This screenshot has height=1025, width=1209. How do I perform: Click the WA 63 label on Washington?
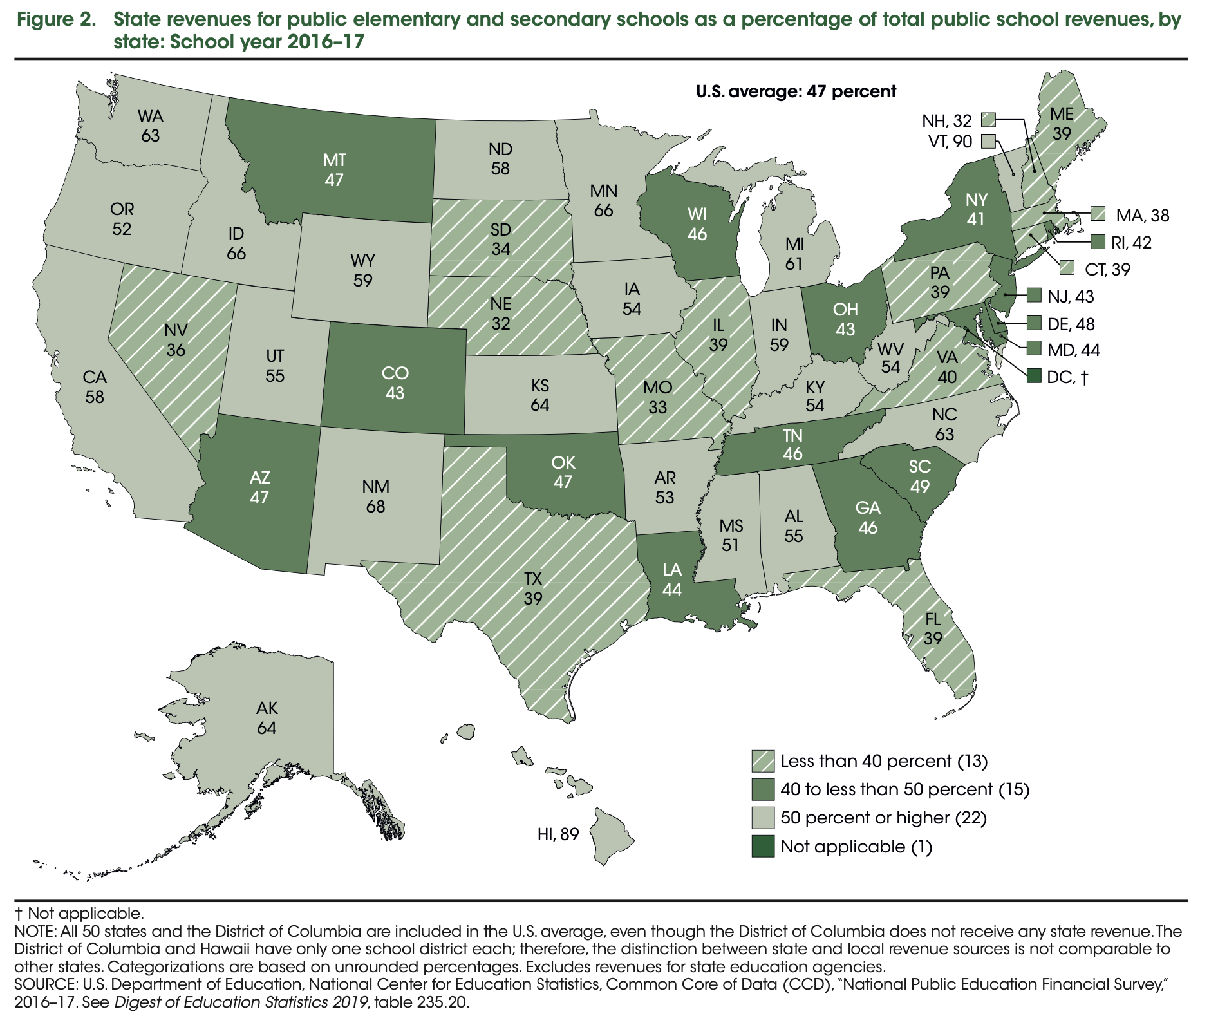pos(151,126)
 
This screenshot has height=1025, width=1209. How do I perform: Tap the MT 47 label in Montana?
pos(333,169)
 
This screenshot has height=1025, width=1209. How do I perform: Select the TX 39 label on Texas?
pos(532,588)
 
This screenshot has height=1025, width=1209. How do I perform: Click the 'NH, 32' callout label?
pos(946,120)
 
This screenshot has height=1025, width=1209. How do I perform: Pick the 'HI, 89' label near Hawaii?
pos(558,834)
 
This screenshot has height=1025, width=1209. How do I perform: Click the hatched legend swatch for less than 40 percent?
pos(763,761)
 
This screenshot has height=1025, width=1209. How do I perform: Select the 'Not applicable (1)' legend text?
pos(856,846)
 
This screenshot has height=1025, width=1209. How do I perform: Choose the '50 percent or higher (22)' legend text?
pos(883,818)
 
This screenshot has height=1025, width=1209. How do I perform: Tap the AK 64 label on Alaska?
pos(267,718)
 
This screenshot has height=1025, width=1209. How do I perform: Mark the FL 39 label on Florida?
pos(932,629)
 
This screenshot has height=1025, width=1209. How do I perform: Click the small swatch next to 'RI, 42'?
pos(1099,242)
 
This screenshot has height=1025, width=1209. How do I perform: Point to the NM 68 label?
pos(375,496)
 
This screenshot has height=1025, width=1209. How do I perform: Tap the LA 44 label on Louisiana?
pos(671,579)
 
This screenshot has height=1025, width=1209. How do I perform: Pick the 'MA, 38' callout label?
pos(1142,215)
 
